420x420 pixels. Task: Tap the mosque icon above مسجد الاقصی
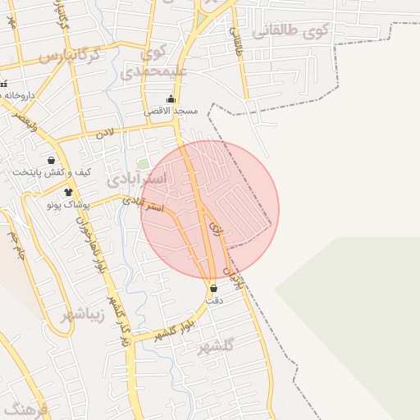point(171,99)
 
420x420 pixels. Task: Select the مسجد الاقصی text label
point(171,111)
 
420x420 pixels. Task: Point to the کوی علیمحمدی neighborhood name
point(154,62)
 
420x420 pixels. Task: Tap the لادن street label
point(103,132)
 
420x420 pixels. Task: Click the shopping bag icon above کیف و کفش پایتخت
point(52,161)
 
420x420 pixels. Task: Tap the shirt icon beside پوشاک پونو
point(68,191)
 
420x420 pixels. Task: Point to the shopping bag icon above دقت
point(214,289)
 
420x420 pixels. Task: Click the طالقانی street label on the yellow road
point(239,39)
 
